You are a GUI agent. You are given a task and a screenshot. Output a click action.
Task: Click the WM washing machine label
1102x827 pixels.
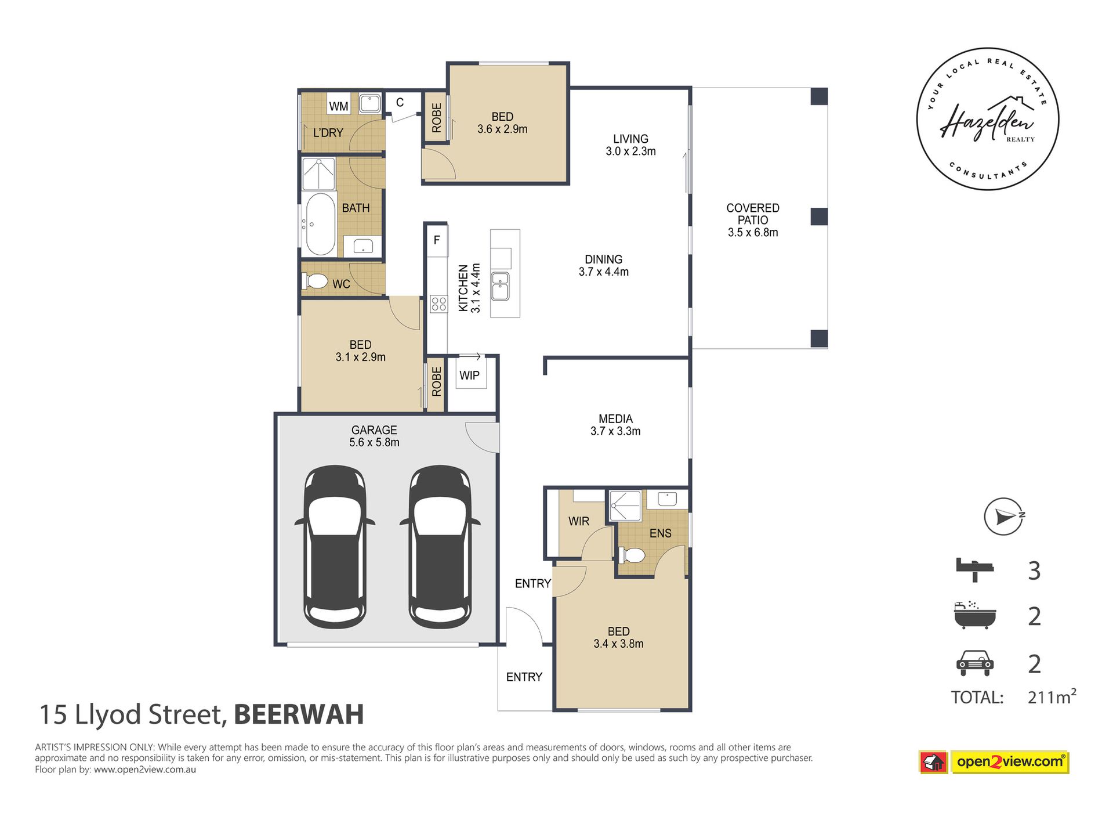[339, 106]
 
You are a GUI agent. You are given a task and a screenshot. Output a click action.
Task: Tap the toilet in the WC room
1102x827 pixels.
[315, 281]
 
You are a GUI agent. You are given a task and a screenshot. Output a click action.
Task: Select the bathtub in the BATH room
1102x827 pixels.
[320, 224]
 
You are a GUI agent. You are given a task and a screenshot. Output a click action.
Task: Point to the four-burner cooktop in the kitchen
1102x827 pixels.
[438, 304]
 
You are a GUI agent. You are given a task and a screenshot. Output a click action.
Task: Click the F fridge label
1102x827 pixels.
[437, 240]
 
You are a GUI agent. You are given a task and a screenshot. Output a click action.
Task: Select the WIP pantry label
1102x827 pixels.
[469, 375]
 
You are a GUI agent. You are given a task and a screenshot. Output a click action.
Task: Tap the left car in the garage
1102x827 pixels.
[335, 547]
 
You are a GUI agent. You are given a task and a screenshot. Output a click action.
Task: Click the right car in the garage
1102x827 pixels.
[440, 547]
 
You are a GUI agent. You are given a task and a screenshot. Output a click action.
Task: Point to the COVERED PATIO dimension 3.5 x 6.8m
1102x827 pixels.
[753, 233]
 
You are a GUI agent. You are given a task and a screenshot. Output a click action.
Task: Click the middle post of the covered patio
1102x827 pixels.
[818, 216]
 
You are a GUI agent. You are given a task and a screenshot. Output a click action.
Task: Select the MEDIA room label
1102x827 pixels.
[615, 418]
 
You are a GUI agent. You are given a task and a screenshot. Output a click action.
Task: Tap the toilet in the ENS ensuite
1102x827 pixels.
[632, 555]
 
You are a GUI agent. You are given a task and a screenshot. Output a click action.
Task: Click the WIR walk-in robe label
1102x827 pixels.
[578, 521]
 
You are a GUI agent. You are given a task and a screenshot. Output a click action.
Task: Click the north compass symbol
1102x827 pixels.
[1004, 516]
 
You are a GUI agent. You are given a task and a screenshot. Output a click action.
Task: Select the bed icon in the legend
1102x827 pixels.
[974, 569]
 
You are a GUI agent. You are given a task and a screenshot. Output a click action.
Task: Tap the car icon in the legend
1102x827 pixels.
[974, 663]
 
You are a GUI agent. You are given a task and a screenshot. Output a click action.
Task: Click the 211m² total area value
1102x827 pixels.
[1052, 696]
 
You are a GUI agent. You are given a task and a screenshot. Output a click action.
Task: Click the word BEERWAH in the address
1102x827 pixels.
[299, 714]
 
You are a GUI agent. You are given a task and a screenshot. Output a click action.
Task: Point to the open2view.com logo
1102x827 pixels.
[1009, 761]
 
